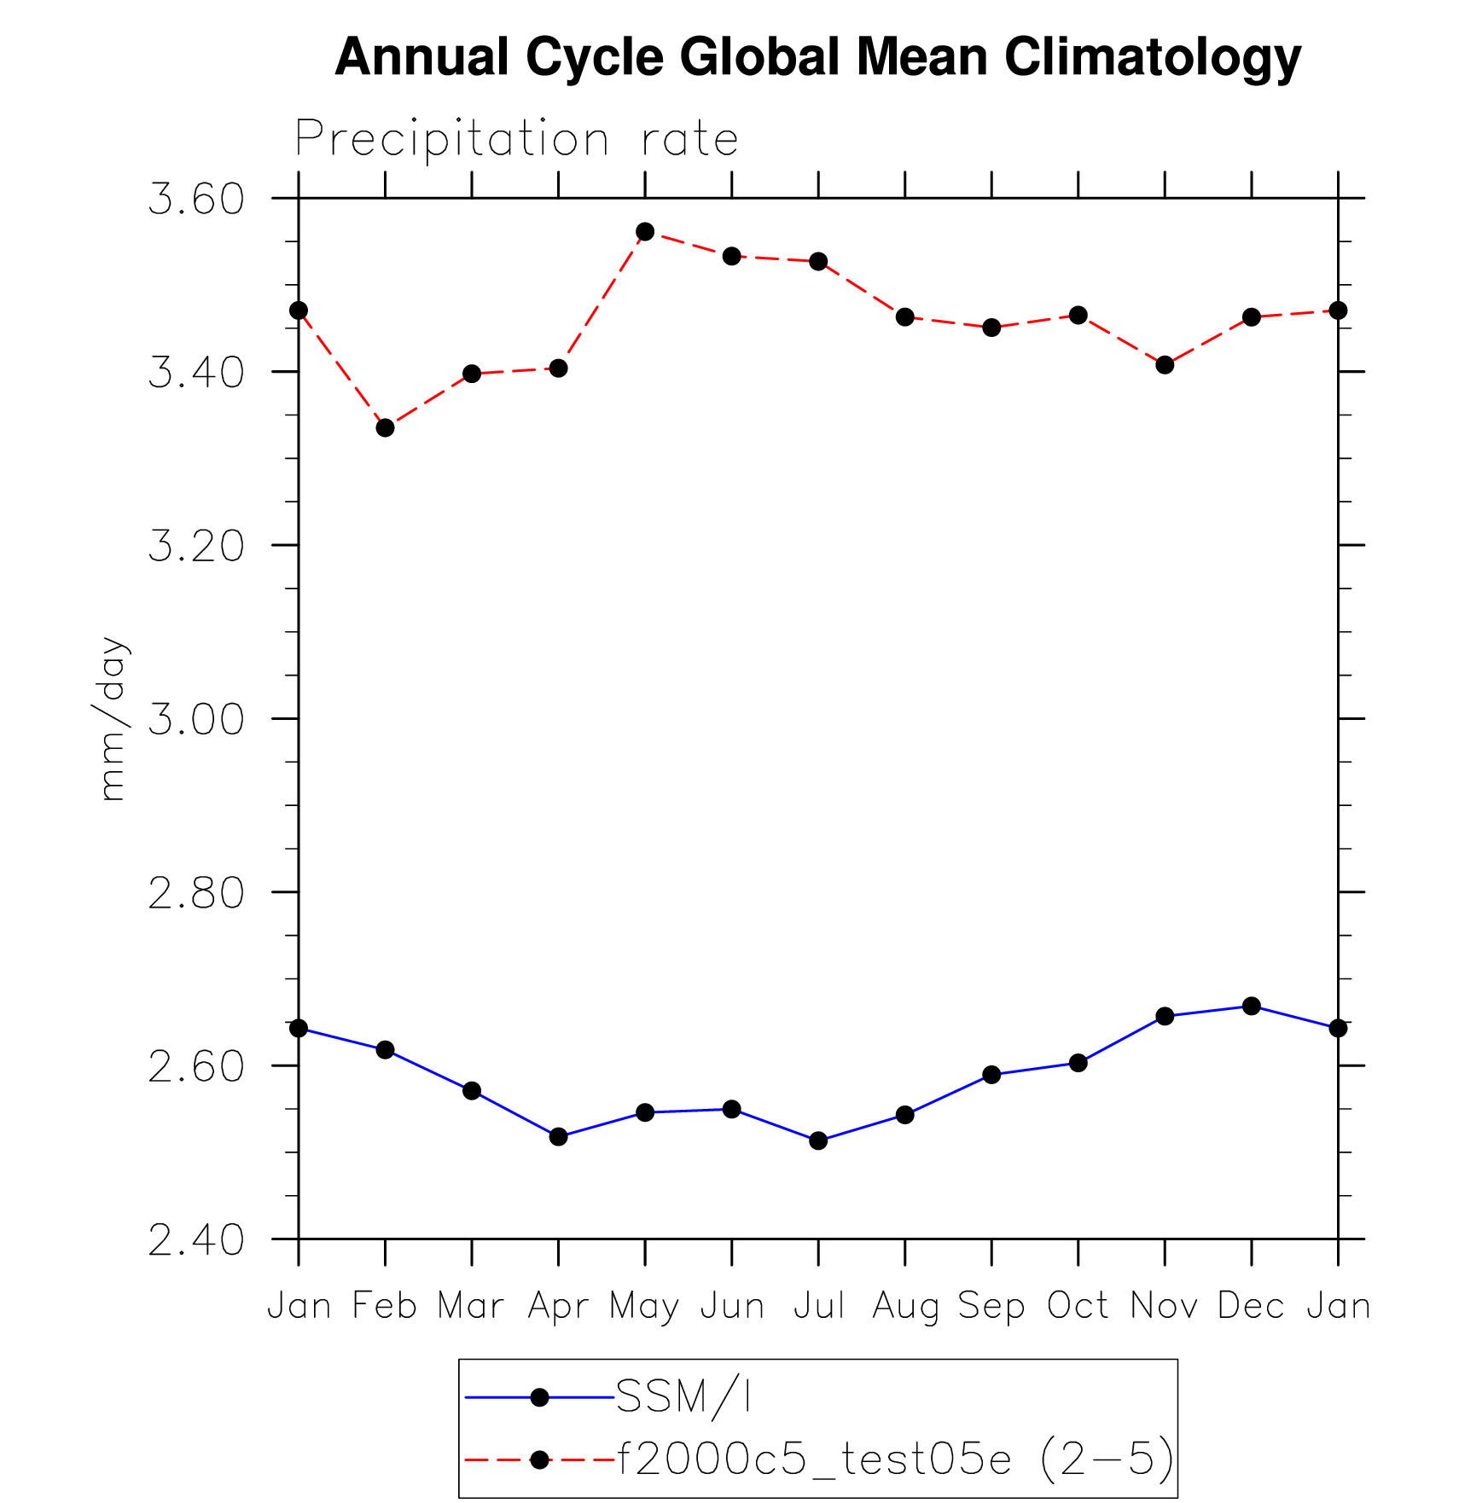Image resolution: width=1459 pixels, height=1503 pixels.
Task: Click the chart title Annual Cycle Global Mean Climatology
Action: tap(817, 58)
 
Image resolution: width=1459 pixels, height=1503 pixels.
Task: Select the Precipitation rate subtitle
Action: tap(516, 138)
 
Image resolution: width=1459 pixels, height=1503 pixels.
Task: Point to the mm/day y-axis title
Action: tap(112, 718)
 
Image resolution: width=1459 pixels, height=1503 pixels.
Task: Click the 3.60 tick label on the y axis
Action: tap(196, 200)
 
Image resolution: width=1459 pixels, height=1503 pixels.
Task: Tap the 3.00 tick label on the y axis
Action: tap(196, 719)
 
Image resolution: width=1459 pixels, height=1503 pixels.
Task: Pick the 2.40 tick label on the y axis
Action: tap(196, 1239)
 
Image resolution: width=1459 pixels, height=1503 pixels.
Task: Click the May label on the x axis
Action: tap(644, 1307)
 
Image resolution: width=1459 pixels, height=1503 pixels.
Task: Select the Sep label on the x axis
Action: tap(991, 1307)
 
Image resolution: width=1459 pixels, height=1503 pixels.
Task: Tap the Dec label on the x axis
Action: tap(1251, 1306)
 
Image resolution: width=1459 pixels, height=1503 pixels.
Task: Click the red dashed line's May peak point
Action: tap(645, 232)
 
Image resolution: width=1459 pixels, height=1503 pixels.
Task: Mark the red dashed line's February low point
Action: tap(386, 427)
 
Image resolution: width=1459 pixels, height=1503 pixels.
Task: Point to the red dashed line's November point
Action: tap(1165, 365)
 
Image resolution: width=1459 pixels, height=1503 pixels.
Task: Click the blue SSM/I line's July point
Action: tap(818, 1140)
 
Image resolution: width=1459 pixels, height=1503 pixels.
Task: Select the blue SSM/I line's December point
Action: tap(1252, 1007)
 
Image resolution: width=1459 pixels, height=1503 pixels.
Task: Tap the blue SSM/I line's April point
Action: tap(559, 1136)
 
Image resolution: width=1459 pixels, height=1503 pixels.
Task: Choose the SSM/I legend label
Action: tap(683, 1397)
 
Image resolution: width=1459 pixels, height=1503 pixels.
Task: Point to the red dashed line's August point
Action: tap(905, 317)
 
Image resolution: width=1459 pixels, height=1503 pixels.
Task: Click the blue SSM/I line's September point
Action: tap(991, 1075)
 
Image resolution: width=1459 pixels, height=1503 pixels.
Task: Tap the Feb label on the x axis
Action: tap(385, 1306)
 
